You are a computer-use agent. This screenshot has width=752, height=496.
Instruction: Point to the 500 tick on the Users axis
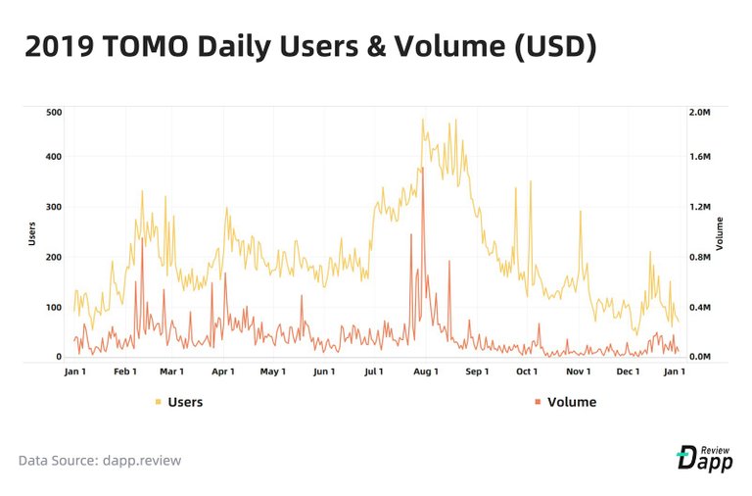click(x=54, y=112)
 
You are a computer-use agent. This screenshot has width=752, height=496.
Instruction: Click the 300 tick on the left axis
click(x=54, y=207)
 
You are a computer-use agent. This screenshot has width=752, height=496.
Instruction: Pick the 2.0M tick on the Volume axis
click(x=702, y=112)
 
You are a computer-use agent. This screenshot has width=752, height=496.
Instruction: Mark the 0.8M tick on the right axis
click(x=702, y=257)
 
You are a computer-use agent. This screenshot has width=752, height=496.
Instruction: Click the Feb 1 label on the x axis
click(x=125, y=372)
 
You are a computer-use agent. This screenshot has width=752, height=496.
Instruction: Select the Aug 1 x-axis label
click(x=426, y=372)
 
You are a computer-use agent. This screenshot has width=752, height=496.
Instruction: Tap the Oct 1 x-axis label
click(x=528, y=372)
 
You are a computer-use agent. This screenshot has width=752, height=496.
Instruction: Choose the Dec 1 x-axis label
click(x=629, y=372)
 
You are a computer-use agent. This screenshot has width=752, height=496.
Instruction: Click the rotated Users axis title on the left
click(x=31, y=232)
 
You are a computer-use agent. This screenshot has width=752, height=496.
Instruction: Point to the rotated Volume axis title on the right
click(x=721, y=233)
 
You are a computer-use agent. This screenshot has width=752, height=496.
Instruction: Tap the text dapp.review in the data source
click(x=143, y=460)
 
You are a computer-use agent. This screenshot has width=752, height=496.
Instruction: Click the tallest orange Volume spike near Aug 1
click(x=422, y=169)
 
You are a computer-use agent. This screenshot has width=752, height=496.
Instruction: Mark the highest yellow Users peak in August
click(x=423, y=120)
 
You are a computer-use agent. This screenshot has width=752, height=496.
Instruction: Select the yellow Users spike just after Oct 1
click(x=531, y=181)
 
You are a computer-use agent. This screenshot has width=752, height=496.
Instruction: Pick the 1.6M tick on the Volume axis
click(x=702, y=157)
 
